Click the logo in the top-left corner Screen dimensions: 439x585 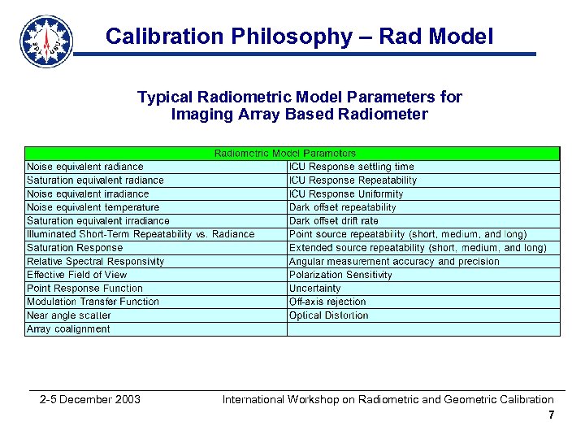(x=45, y=41)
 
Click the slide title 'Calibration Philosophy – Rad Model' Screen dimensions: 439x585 (x=299, y=36)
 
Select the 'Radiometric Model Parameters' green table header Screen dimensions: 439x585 (x=284, y=153)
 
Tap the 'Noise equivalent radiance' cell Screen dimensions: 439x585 (x=84, y=167)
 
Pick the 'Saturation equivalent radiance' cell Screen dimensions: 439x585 (x=95, y=180)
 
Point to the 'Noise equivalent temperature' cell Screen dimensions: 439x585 (x=93, y=207)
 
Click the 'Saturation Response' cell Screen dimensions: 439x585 (x=75, y=248)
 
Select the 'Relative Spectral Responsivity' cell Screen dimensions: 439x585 (x=95, y=262)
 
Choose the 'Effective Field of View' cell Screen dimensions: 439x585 (x=77, y=275)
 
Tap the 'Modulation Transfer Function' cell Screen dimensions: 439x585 (x=93, y=302)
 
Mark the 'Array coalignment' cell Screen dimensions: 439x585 (x=68, y=329)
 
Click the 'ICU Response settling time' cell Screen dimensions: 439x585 (x=351, y=167)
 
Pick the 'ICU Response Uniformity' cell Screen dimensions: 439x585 (x=346, y=194)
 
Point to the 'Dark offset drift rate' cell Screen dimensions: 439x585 (x=333, y=221)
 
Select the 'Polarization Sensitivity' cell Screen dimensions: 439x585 (x=340, y=275)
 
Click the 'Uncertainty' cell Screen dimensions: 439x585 (x=315, y=289)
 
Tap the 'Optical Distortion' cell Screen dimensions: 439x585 (x=328, y=315)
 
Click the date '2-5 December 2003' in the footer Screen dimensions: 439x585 (x=90, y=399)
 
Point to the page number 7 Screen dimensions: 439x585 (x=551, y=415)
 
